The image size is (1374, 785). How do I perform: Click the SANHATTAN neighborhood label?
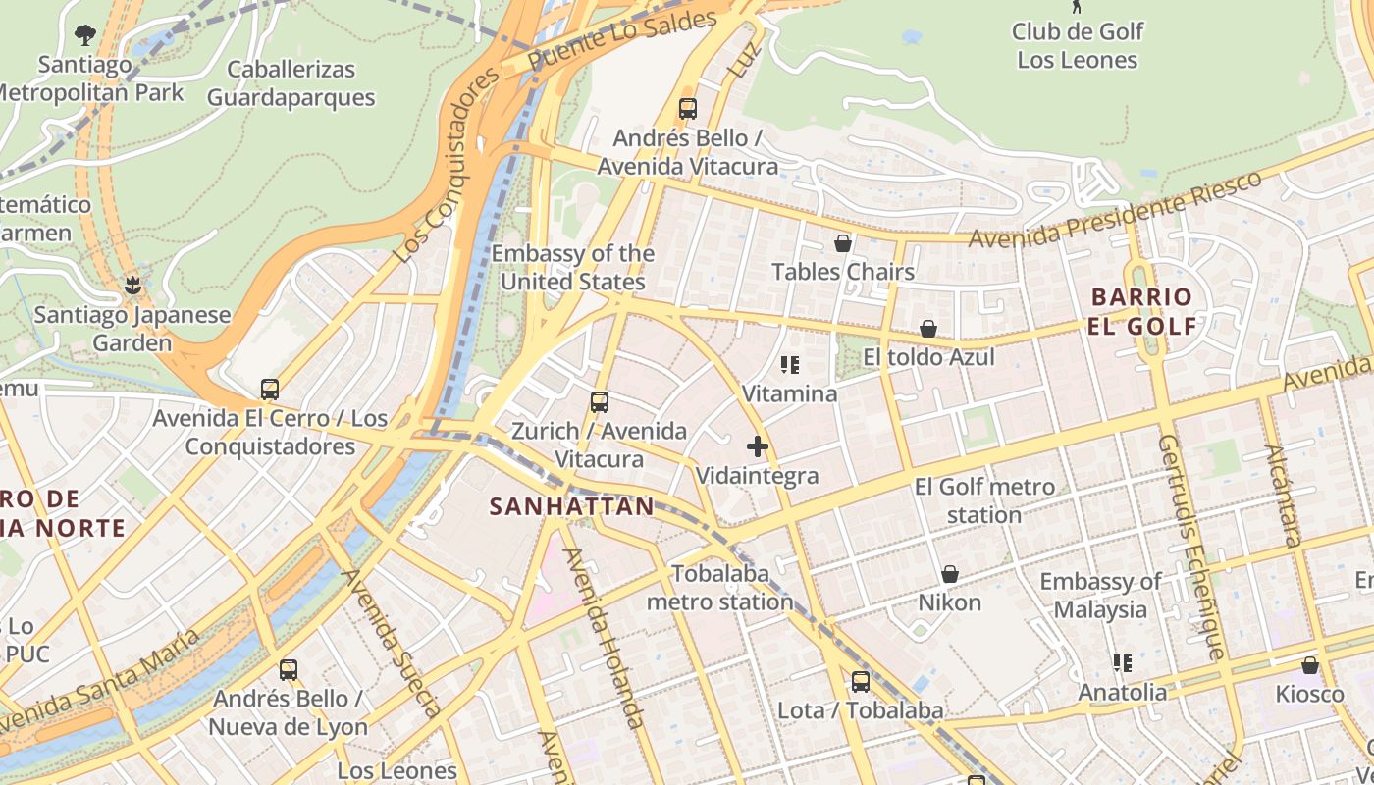coord(571,506)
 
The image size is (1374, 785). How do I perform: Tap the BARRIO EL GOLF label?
coord(1142,311)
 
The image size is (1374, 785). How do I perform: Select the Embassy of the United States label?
coord(573,268)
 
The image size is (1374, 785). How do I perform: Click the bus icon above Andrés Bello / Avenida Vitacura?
coord(688,109)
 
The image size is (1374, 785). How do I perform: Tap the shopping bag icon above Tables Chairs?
coord(842,243)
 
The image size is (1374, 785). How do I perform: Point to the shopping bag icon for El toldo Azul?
coord(928,329)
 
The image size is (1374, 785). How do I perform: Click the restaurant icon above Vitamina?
coord(790,366)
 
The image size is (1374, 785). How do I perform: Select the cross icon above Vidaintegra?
coord(757,447)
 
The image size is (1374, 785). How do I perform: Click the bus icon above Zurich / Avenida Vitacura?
coord(599,402)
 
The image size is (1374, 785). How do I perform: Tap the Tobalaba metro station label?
coord(719,588)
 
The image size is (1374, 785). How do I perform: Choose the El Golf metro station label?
coord(984,500)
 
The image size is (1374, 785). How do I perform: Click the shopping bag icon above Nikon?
coord(949,574)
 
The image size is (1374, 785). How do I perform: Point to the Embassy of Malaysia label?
coord(1100,596)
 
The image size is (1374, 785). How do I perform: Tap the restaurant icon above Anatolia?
coord(1123,664)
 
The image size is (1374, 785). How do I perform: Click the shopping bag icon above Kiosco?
coord(1309,666)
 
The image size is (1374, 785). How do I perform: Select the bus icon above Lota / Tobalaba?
coord(860,682)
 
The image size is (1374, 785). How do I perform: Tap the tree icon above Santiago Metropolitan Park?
coord(85,35)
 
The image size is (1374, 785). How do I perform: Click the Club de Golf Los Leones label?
coord(1077,45)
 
